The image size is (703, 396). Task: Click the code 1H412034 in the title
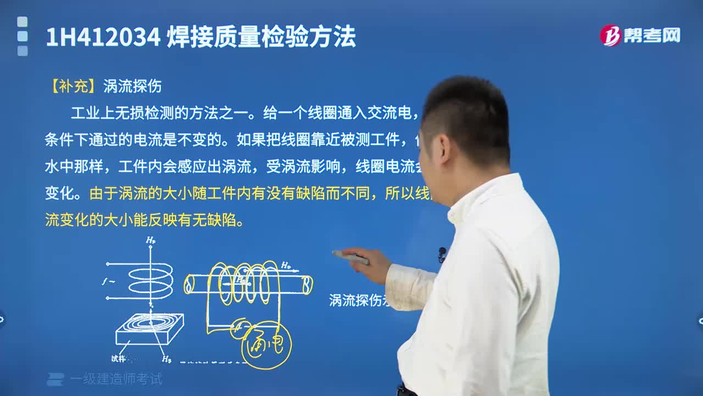pos(103,37)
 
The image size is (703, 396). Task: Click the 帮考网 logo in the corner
pos(640,36)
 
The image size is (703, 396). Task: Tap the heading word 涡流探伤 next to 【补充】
pos(132,86)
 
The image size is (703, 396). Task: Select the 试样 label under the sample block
pos(119,359)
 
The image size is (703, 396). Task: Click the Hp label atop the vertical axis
pos(150,240)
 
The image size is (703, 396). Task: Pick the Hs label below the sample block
pos(166,359)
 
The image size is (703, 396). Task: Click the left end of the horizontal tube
pos(189,284)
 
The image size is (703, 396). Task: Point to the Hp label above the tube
pos(286,266)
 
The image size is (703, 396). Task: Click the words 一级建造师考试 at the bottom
pos(116,379)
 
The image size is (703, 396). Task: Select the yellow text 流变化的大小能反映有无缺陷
pos(144,221)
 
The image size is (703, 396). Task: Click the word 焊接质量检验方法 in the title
pos(261,37)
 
